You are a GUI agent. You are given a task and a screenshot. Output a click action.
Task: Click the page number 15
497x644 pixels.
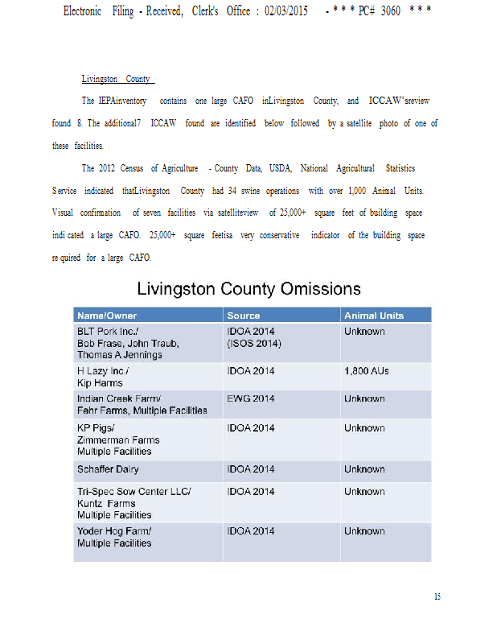(437, 597)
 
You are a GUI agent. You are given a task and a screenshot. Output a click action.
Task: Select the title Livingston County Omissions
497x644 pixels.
(249, 288)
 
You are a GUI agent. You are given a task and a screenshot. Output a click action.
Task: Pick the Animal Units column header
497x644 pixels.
(374, 316)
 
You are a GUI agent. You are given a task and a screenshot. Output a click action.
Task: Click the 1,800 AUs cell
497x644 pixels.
(367, 371)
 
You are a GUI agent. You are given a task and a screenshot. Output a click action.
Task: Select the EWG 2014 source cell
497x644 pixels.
(251, 398)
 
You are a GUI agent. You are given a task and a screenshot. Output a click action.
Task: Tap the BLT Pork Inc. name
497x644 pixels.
(109, 332)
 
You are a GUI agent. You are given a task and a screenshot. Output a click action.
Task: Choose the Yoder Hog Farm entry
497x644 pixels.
(114, 531)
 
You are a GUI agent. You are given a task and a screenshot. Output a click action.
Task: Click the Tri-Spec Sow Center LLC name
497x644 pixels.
(133, 492)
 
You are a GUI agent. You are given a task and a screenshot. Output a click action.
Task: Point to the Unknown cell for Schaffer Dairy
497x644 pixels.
(364, 469)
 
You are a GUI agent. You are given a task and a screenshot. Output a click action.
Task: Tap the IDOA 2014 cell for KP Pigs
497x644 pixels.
(251, 428)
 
